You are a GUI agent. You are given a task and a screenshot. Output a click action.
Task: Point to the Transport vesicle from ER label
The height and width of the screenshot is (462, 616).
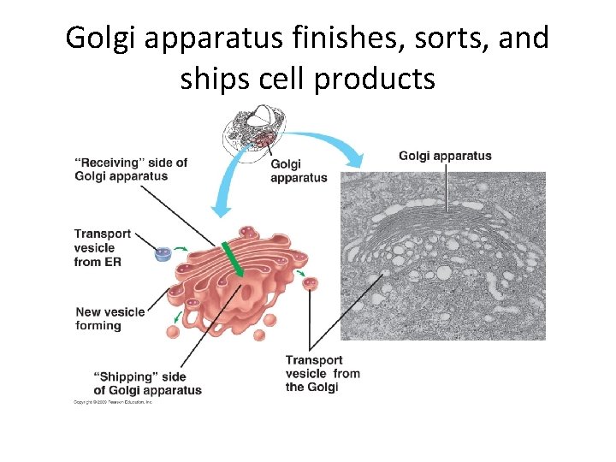(102, 247)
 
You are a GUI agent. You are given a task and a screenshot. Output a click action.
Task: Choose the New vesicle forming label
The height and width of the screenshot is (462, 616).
(110, 318)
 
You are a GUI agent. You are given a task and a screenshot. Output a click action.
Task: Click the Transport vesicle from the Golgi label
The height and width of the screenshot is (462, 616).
(323, 373)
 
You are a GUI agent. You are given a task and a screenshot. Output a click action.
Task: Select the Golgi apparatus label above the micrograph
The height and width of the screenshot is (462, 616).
(445, 156)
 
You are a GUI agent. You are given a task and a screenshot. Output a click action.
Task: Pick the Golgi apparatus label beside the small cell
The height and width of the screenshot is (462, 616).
(298, 171)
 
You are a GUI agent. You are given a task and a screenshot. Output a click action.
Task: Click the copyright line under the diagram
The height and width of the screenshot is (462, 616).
(112, 400)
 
